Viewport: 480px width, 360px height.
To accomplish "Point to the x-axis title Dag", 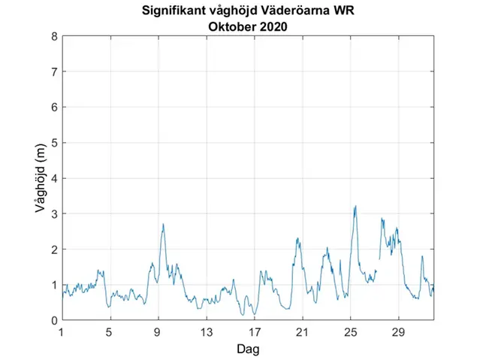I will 249,349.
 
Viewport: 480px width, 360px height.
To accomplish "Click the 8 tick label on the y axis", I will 53,36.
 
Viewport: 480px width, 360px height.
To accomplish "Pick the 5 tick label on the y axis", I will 53,143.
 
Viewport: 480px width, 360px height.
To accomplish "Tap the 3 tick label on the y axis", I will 53,213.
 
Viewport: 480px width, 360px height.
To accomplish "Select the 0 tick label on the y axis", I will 53,320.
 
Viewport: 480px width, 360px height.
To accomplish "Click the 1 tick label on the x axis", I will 62,332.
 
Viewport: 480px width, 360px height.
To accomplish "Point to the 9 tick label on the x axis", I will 158,332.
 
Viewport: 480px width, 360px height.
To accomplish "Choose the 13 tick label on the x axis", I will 207,332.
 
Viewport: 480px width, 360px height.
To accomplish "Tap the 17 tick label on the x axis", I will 255,332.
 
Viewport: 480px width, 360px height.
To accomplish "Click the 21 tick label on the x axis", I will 303,332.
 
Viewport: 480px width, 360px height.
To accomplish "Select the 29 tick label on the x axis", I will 399,332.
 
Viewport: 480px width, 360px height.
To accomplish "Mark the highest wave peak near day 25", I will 355,207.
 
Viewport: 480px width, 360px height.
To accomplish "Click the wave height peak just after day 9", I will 163,224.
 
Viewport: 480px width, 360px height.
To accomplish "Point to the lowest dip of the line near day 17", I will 254,314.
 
